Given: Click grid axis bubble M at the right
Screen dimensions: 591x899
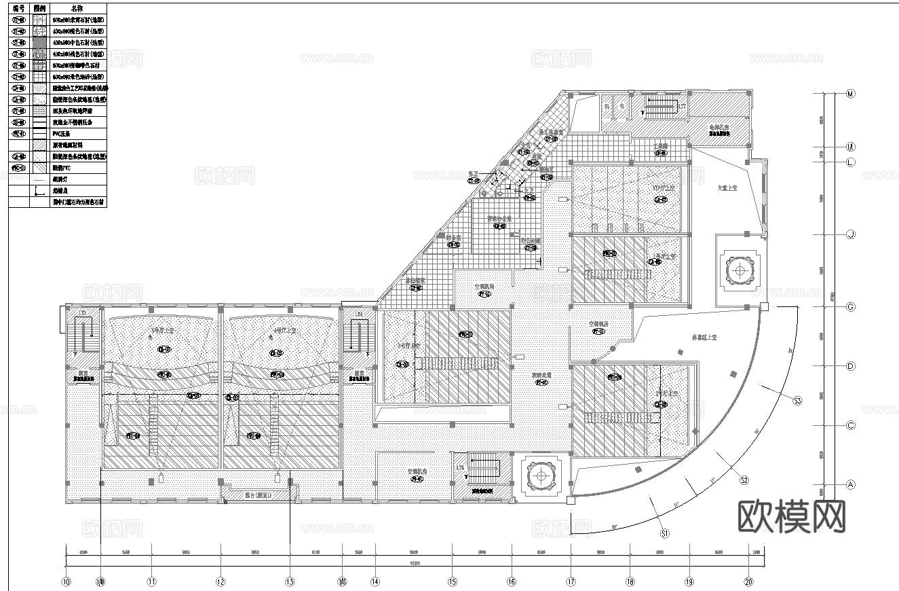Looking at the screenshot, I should (851, 94).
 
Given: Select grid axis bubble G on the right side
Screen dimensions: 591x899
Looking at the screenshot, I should (851, 307).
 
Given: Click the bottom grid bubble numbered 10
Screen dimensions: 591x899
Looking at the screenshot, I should (66, 581).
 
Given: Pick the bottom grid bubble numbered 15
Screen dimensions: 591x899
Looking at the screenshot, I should (452, 581).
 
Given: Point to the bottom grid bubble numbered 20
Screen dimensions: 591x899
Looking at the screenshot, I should (749, 581).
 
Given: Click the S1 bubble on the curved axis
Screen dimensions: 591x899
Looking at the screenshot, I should (665, 534).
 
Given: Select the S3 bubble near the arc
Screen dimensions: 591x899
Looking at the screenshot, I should (797, 401).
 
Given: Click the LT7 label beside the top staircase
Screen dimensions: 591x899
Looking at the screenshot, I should (682, 106).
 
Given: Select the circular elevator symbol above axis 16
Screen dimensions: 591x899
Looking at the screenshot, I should (541, 476).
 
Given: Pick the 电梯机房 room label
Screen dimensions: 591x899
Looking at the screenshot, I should (719, 127).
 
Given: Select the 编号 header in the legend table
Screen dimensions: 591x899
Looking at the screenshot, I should (18, 9).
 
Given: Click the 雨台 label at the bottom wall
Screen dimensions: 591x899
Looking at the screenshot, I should (258, 496).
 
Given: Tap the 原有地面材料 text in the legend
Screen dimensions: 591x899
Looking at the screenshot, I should (70, 145).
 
